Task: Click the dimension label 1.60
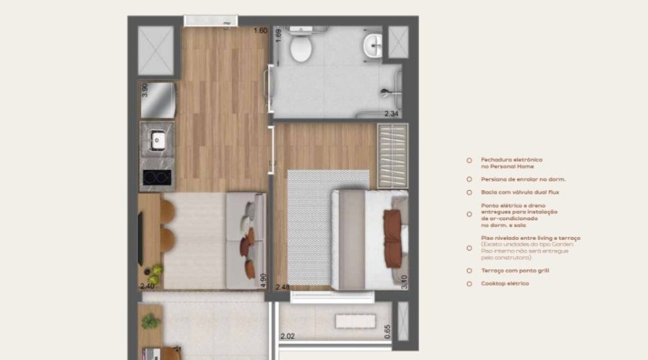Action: point(260,30)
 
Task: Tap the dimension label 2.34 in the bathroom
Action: point(391,114)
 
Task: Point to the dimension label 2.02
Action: point(287,336)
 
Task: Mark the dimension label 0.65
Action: point(387,331)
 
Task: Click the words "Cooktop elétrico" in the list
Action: point(505,284)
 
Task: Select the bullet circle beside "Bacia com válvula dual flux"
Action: point(469,193)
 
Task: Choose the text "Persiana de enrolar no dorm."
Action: point(523,179)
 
